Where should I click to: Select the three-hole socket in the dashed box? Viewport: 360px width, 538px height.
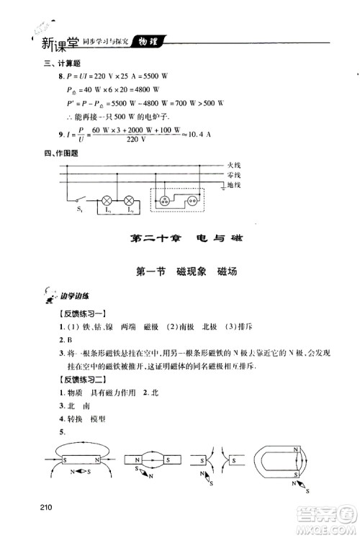169,200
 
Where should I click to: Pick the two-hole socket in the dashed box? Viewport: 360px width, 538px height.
193,201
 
